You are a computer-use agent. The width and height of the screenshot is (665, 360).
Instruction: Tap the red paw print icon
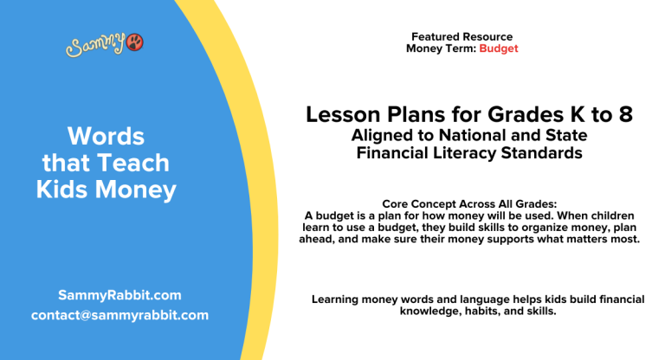point(135,42)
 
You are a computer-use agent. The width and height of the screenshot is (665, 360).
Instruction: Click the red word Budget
point(499,48)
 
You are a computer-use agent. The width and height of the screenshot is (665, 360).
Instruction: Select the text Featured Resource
point(462,37)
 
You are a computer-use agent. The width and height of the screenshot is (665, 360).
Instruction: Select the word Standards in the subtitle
point(543,153)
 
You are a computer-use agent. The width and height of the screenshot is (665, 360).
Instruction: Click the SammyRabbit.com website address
point(119,294)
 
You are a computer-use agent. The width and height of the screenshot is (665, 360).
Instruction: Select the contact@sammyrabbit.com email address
point(119,315)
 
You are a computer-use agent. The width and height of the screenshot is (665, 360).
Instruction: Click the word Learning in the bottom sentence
point(337,299)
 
